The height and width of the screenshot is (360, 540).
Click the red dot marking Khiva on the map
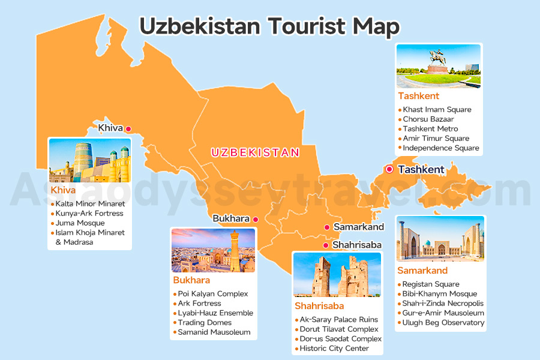(128, 128)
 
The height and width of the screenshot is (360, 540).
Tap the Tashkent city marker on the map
(389, 169)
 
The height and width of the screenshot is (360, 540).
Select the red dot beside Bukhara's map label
(255, 219)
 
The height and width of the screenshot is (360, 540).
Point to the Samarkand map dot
(326, 227)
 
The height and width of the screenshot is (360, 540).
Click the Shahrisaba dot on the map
(325, 245)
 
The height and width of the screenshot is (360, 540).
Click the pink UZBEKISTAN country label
(255, 152)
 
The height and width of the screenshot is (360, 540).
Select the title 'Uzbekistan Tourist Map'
(269, 26)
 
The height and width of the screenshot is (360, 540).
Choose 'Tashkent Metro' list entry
(430, 128)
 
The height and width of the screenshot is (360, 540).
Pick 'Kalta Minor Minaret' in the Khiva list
(89, 204)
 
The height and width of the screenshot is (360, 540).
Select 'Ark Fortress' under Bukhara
(199, 304)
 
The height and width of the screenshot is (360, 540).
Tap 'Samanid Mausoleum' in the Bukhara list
(214, 332)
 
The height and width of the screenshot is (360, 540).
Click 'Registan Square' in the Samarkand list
(431, 284)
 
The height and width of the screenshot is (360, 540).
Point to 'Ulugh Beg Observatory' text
(443, 323)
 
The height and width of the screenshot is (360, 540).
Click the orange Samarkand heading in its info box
(422, 271)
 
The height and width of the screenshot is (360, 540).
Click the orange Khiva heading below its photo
(64, 190)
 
